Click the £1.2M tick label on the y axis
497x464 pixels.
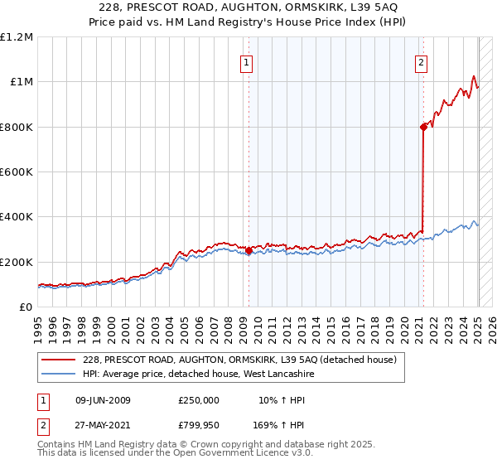(17, 36)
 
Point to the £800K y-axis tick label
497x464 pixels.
(17, 127)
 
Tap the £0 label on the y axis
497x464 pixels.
(27, 307)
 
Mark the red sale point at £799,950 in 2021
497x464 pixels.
(423, 127)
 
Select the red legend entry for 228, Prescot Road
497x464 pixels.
(240, 360)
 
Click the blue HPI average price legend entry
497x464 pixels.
(198, 374)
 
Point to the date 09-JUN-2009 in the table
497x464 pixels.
(103, 400)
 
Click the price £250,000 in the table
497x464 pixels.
(199, 400)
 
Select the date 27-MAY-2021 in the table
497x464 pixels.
(103, 425)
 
